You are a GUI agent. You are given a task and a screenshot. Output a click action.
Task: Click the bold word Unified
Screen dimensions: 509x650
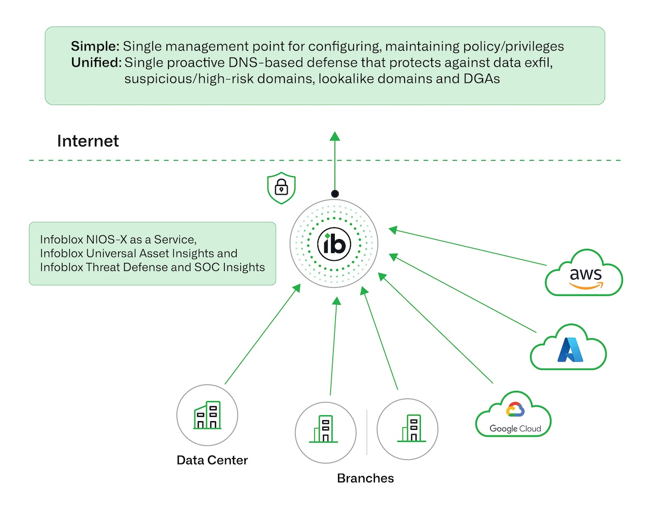[96, 62]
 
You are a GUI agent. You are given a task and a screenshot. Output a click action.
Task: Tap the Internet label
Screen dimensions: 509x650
[88, 141]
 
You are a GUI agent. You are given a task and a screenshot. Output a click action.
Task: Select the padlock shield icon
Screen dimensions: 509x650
[281, 188]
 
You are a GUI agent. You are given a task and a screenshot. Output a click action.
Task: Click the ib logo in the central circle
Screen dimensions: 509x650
[334, 244]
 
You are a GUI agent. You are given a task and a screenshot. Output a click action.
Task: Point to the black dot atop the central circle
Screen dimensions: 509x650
[335, 194]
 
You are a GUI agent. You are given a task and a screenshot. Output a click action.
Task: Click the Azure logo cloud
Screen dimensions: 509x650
[568, 350]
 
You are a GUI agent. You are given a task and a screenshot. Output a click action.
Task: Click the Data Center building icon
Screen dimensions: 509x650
[207, 416]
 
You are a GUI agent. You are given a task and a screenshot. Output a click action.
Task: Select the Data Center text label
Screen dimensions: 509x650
[212, 461]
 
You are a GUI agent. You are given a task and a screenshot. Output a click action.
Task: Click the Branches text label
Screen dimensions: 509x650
[365, 478]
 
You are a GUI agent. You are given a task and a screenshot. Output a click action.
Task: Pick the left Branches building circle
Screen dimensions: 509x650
[325, 429]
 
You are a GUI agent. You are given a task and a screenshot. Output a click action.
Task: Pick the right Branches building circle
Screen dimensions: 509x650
[407, 429]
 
